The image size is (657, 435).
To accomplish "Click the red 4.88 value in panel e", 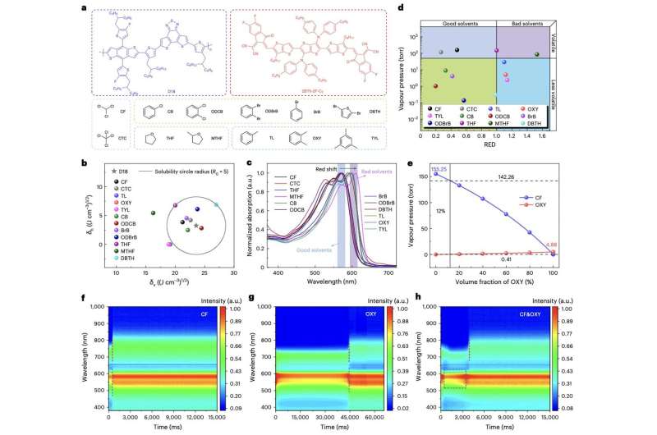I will coord(552,244).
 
